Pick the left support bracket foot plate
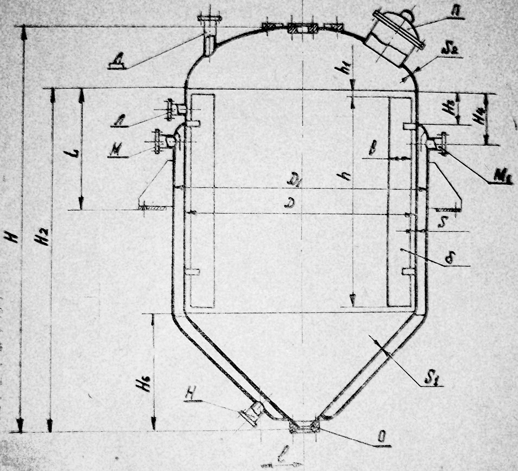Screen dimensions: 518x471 point(153,208)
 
